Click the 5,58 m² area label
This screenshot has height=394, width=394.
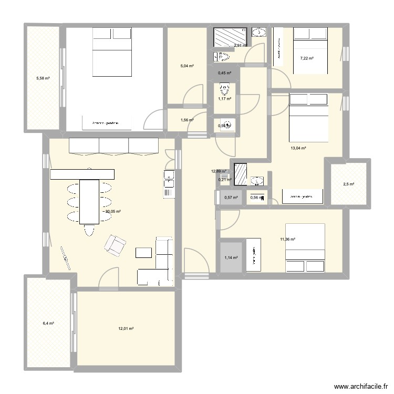[43, 78]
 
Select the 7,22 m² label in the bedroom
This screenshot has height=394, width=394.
[307, 58]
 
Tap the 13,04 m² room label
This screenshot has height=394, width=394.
[298, 148]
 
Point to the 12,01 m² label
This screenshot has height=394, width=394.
[126, 328]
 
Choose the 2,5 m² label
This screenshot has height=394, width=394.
[348, 184]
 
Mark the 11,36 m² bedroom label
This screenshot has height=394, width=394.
[288, 240]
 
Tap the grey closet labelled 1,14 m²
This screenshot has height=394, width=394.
[231, 257]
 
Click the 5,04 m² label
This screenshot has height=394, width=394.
[187, 66]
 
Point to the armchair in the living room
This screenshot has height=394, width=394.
[116, 244]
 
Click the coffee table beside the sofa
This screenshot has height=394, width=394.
[143, 253]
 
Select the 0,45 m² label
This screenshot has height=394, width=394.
[225, 73]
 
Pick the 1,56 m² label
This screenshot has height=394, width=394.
[187, 120]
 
